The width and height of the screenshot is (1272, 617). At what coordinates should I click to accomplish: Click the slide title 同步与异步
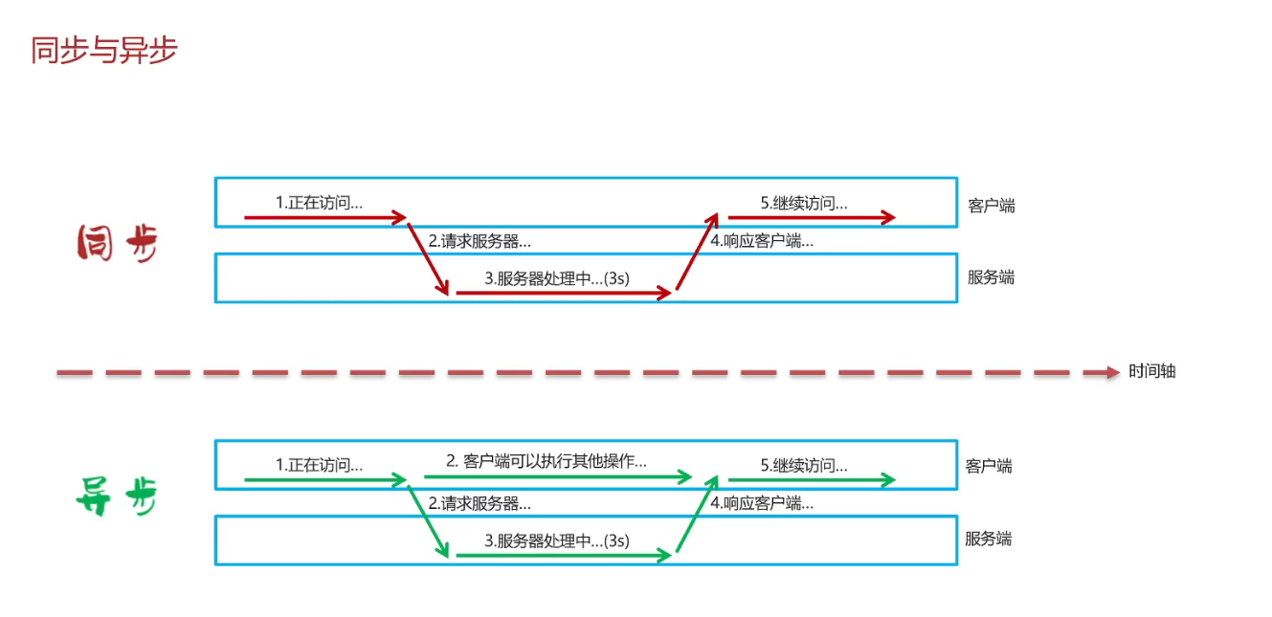(x=104, y=51)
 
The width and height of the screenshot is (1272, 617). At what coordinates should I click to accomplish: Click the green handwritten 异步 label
(x=116, y=496)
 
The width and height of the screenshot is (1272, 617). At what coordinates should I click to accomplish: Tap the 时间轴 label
(x=1151, y=371)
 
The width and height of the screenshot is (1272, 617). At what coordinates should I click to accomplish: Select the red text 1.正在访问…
(x=319, y=203)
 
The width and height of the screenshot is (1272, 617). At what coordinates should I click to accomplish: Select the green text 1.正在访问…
(x=319, y=466)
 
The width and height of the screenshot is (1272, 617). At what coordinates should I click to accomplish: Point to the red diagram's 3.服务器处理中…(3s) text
(x=557, y=278)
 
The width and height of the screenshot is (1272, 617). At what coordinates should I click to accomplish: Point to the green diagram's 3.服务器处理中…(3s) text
(x=557, y=540)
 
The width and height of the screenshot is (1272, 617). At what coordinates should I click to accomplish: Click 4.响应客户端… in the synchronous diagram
(x=762, y=241)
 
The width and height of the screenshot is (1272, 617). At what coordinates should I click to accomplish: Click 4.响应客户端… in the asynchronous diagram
(x=762, y=503)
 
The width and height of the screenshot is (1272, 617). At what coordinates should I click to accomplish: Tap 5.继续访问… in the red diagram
(x=804, y=203)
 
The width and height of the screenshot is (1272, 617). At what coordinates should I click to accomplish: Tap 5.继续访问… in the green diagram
(x=804, y=466)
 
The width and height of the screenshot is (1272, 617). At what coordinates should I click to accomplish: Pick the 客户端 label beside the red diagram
(x=992, y=206)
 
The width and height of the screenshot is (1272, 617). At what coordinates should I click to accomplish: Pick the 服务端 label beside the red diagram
(x=991, y=277)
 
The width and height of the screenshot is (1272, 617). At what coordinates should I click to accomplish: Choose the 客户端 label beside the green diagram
(x=989, y=467)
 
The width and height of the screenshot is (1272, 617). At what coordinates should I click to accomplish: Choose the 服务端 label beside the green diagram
(x=988, y=539)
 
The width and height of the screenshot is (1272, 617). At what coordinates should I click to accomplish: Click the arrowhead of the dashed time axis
(x=1113, y=372)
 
